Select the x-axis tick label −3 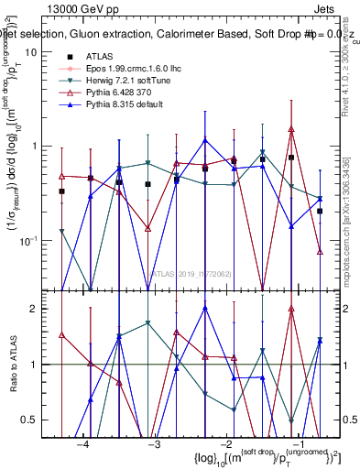154,444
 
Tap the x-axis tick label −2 225,444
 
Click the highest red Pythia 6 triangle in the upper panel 291,130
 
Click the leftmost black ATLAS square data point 61,191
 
